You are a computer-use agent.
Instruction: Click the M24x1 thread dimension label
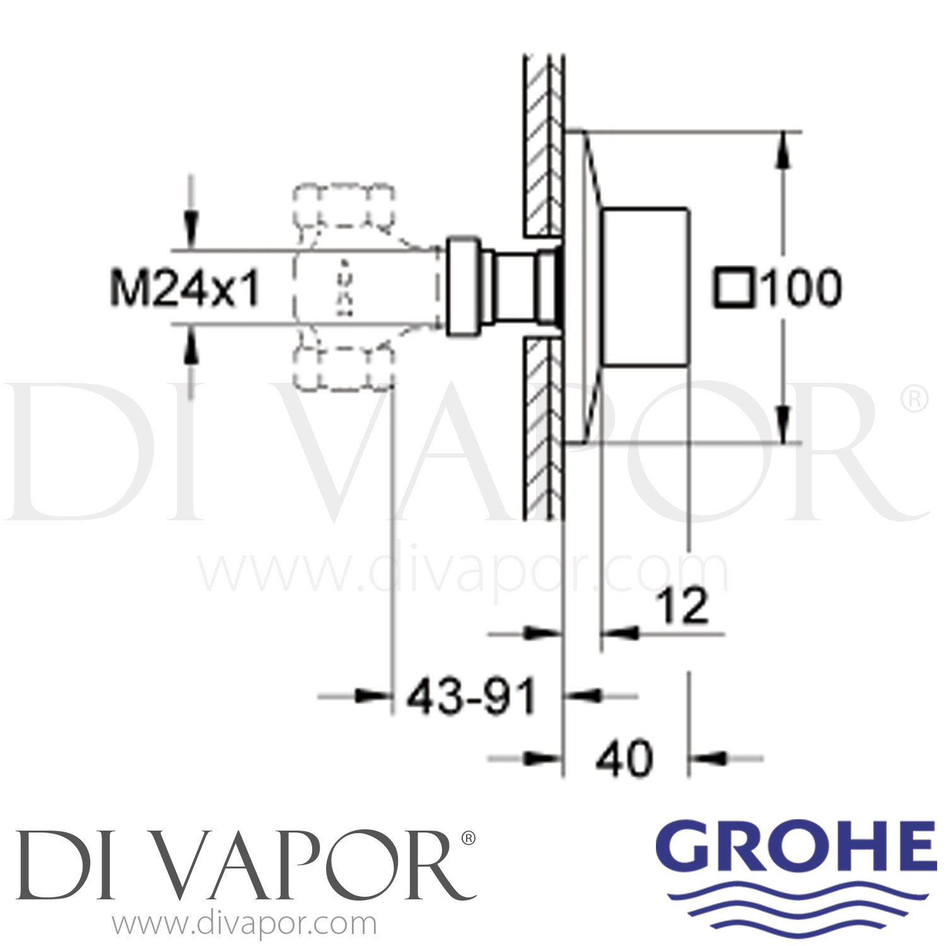tap(184, 289)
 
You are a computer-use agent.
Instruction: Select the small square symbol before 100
tap(733, 288)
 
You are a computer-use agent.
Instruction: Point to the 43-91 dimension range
tap(470, 697)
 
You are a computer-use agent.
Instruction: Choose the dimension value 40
tap(624, 759)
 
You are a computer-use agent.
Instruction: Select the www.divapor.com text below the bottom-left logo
tap(244, 925)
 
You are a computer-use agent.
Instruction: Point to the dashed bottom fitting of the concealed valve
tap(344, 368)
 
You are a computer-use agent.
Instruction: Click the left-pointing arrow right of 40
tap(709, 758)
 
